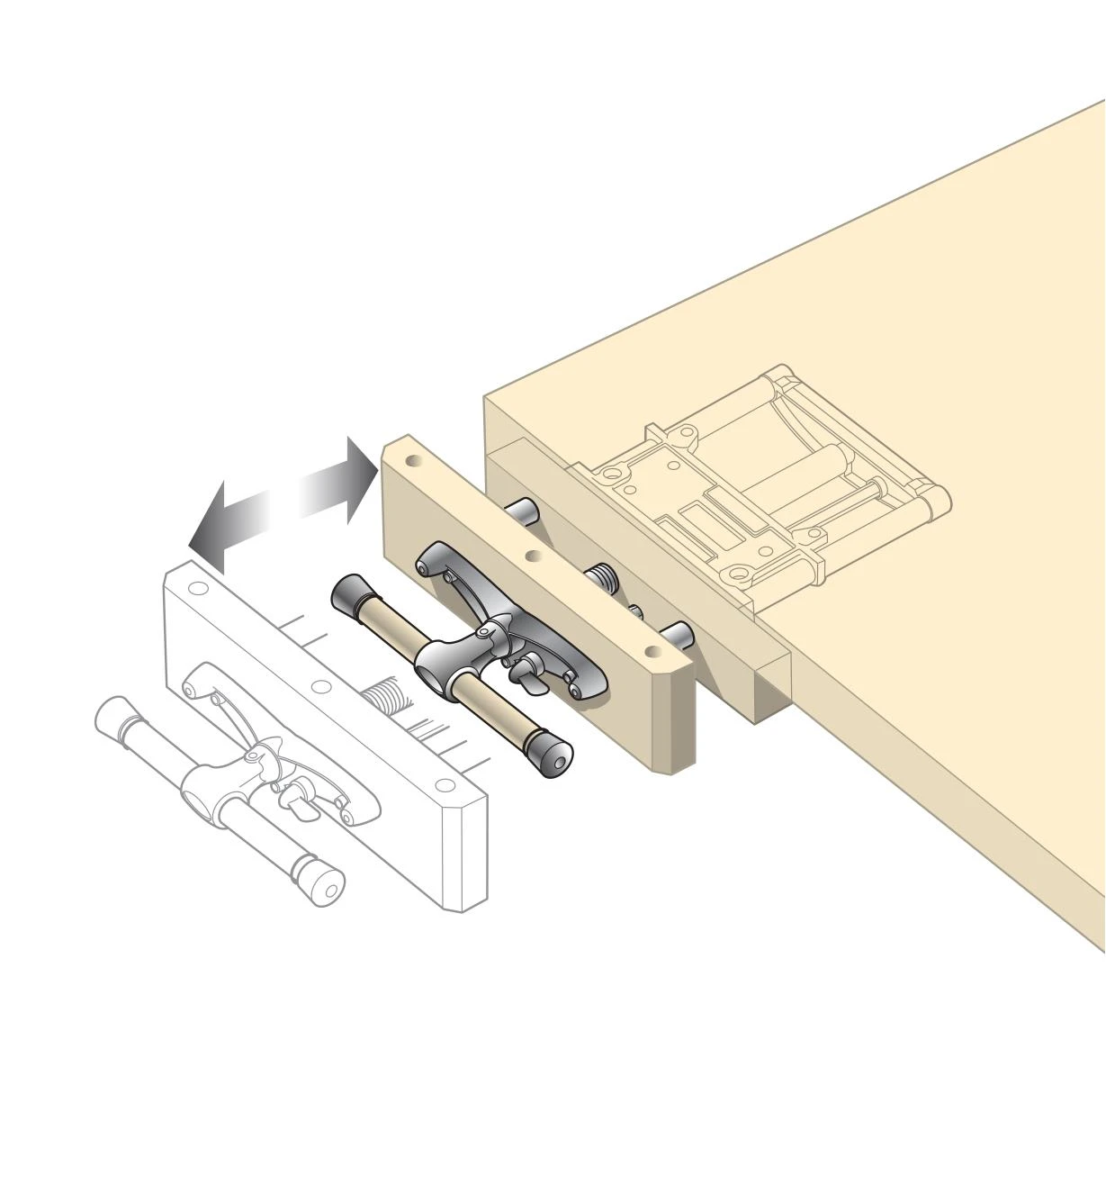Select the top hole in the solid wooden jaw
(413, 460)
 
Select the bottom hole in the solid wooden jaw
(651, 648)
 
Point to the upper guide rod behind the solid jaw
(522, 511)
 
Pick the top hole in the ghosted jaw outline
(198, 590)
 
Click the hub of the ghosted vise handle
(202, 796)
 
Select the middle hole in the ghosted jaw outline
(319, 686)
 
